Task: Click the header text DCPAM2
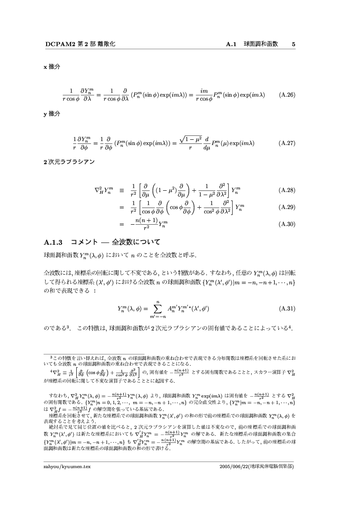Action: coord(57,44)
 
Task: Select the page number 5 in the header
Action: coord(294,44)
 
